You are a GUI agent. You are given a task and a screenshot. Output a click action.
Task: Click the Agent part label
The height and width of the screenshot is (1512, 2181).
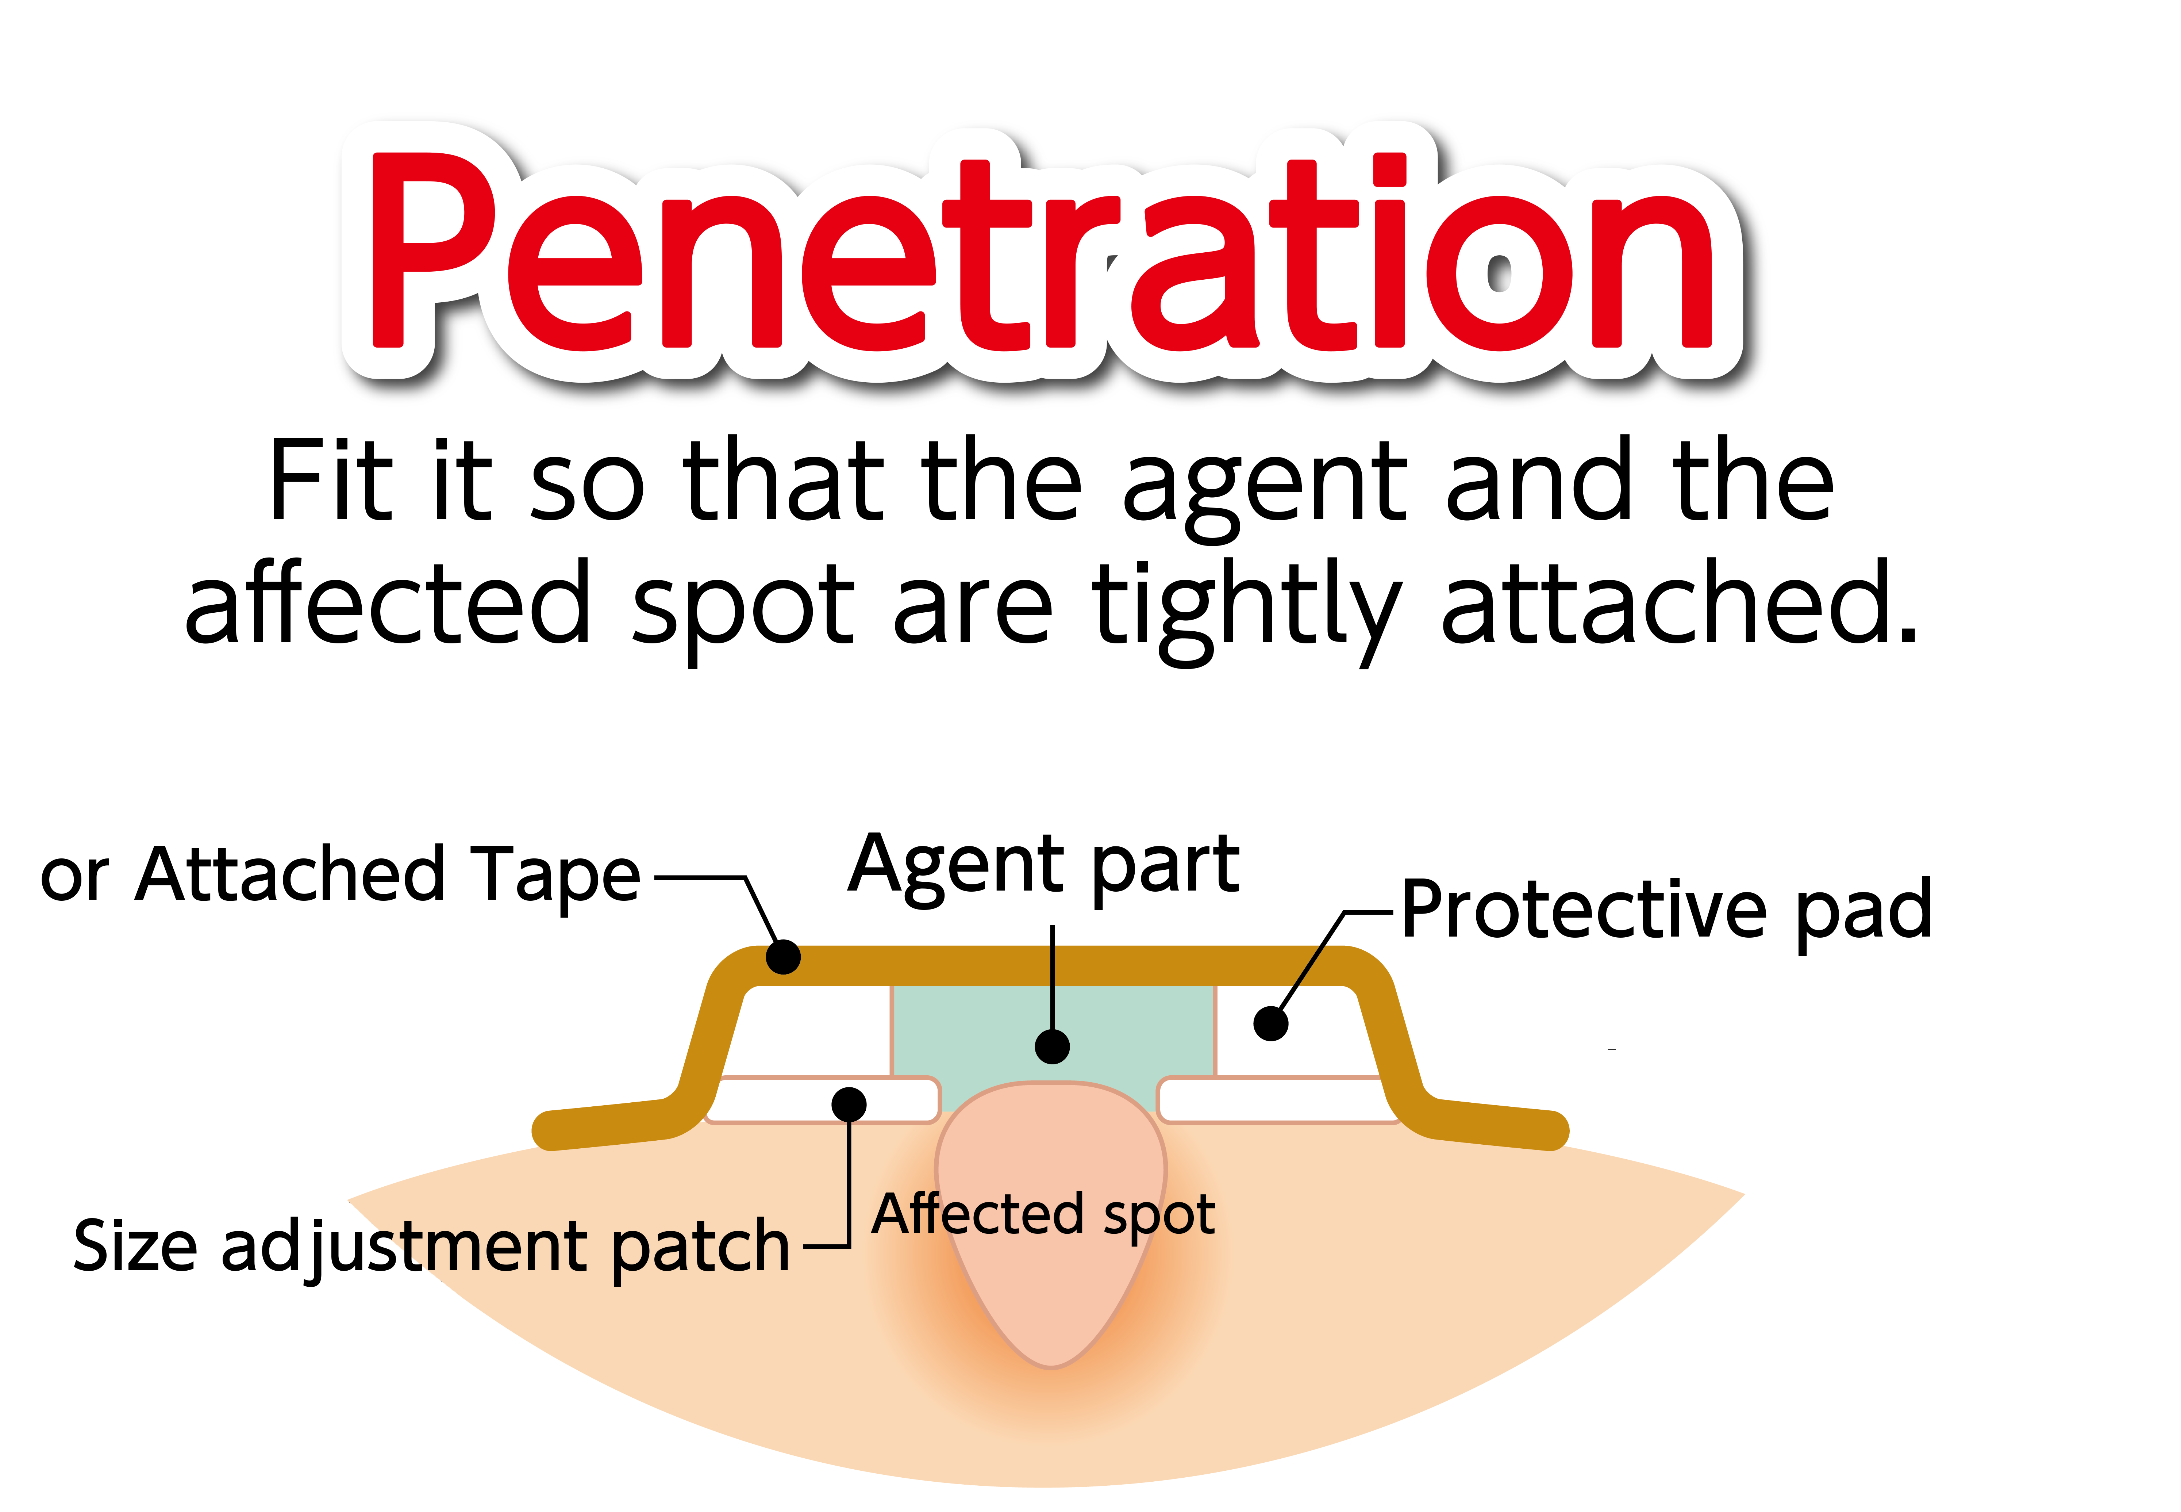pos(1044,867)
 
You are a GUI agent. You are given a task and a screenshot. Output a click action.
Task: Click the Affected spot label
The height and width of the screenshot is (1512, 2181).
pos(1044,1216)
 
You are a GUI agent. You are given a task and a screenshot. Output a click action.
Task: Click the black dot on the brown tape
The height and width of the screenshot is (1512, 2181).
pos(783,957)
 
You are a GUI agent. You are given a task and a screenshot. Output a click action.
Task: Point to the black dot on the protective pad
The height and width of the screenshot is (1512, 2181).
pos(1271,1023)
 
